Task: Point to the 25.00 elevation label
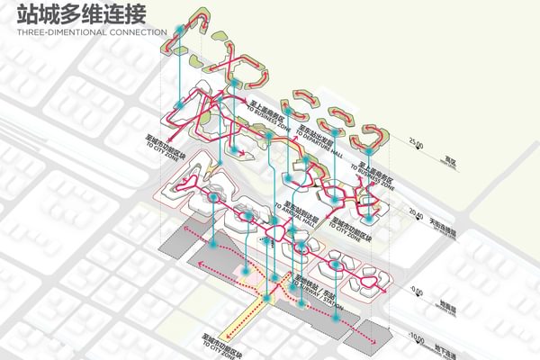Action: point(415,142)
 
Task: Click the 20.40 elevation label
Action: point(415,213)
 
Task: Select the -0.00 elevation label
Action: point(415,290)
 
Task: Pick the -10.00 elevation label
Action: point(415,340)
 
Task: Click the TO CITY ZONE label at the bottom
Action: point(218,343)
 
